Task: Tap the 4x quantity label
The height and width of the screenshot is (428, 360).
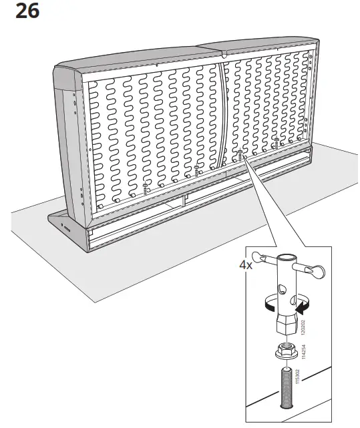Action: tap(246, 264)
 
